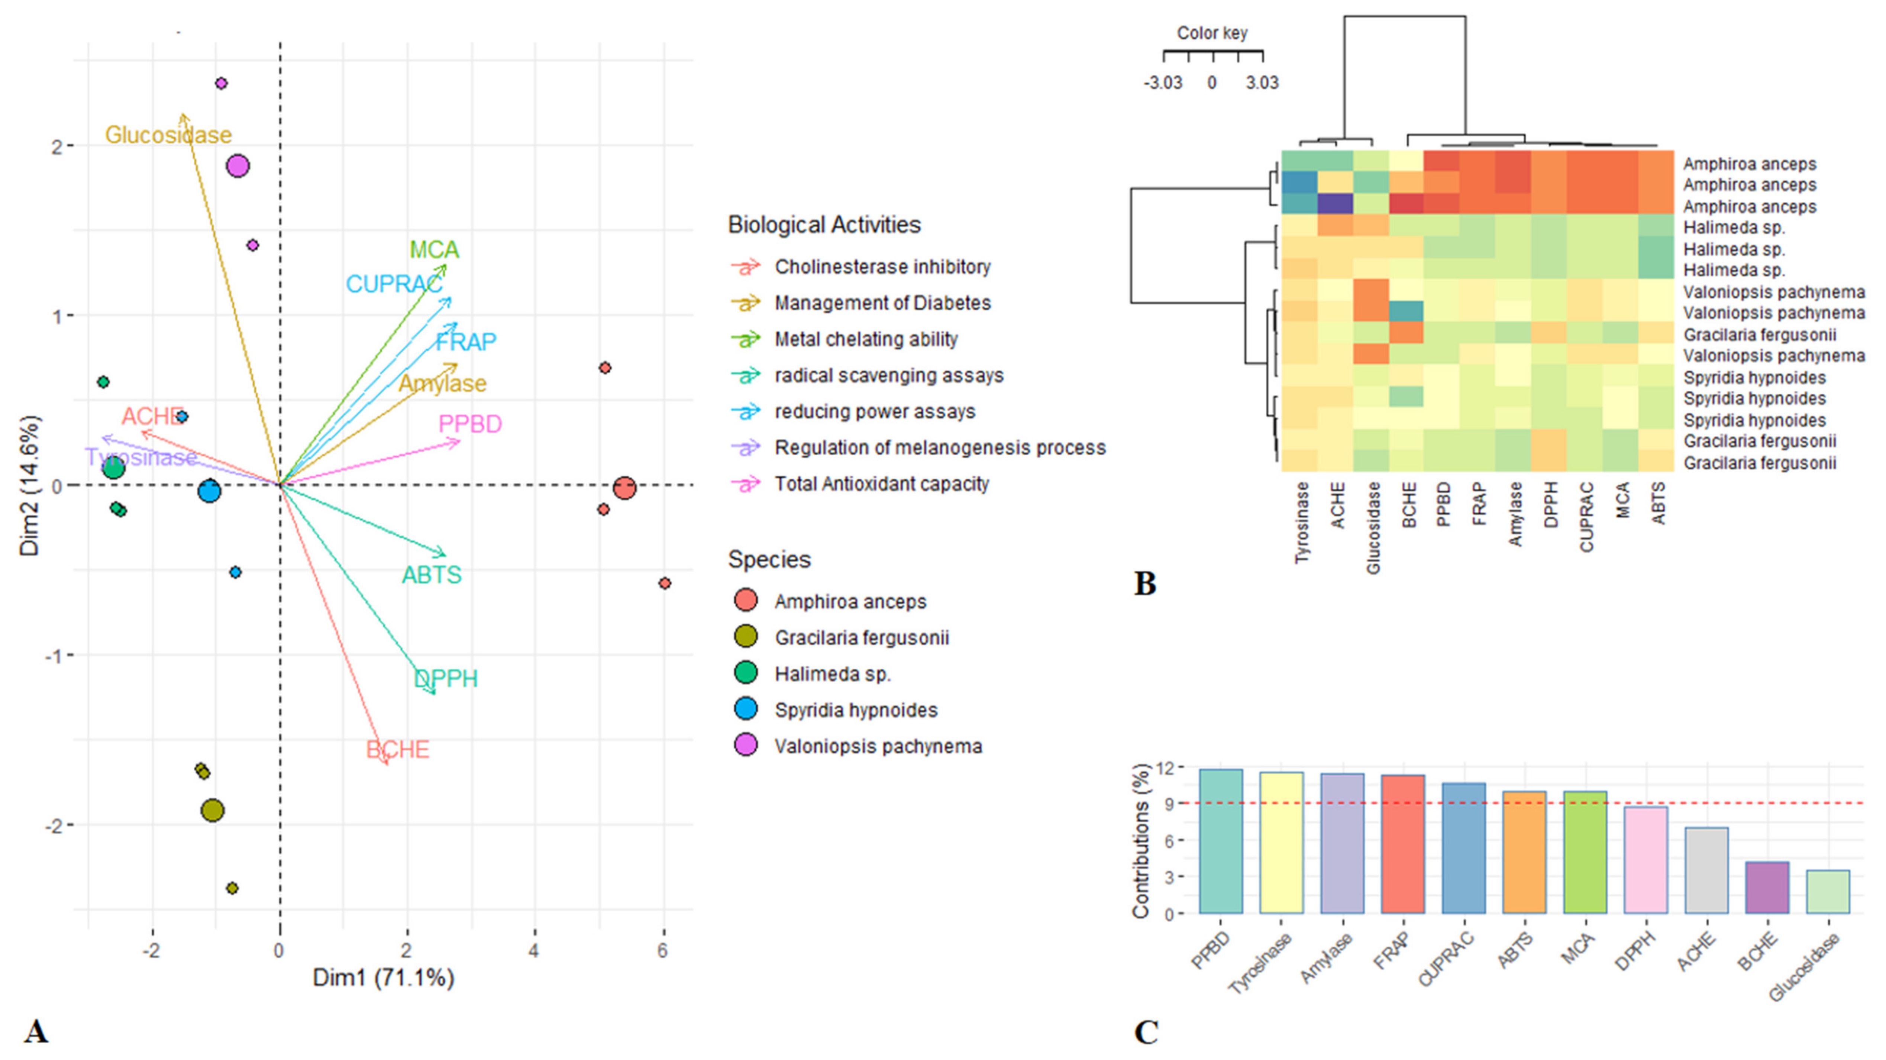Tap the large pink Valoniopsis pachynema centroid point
pos(237,166)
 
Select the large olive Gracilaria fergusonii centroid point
pos(212,810)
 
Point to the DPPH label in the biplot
pos(446,679)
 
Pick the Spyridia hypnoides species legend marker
pos(745,710)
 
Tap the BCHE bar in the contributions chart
pos(1767,887)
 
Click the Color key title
pos(1212,33)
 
